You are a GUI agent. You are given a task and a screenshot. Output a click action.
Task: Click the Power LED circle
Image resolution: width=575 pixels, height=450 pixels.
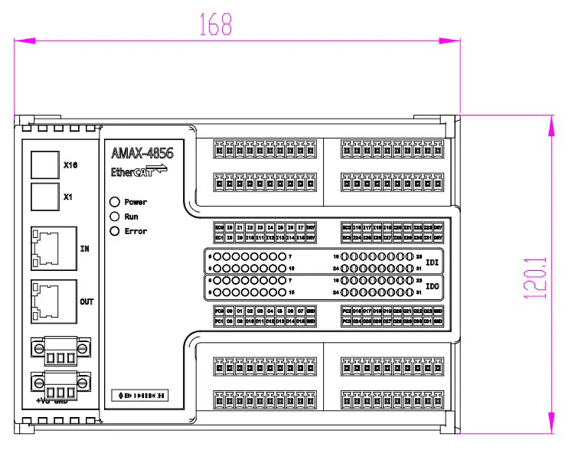[115, 202]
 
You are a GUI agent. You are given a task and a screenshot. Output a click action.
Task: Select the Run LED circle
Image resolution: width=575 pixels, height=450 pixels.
[115, 217]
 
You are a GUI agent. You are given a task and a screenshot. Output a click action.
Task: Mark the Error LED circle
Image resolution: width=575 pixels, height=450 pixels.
[115, 231]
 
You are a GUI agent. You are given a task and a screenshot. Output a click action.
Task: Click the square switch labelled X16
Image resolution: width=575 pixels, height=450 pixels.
[44, 164]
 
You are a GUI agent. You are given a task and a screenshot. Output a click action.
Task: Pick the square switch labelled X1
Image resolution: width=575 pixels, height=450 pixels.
[44, 197]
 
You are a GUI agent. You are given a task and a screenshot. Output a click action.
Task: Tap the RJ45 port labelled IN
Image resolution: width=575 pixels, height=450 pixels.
[53, 249]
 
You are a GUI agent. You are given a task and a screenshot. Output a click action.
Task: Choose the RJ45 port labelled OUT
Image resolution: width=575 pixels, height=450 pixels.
[53, 302]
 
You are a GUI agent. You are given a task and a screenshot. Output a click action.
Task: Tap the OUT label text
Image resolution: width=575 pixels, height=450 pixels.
[87, 302]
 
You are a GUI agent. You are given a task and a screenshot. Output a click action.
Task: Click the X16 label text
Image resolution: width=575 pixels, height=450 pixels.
[70, 165]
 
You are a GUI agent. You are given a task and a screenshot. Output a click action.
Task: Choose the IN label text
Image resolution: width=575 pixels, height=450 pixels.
[85, 249]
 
